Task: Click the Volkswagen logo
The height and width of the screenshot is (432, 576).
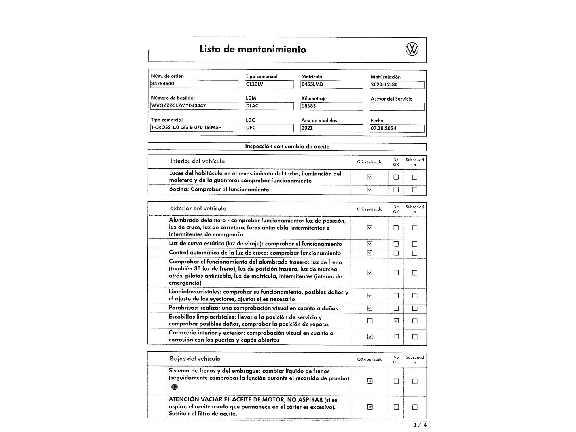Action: pos(412,49)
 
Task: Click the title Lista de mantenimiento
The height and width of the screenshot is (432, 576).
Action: pos(253,49)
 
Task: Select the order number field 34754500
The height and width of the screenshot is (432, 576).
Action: pos(194,84)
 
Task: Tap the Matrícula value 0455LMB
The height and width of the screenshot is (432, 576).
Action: pos(332,84)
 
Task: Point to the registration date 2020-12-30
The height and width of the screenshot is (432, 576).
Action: pos(397,85)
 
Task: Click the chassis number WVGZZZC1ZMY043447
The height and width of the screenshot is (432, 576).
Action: pos(194,106)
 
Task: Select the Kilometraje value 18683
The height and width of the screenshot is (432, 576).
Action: pos(332,106)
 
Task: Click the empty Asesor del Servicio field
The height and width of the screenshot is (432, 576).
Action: pos(397,107)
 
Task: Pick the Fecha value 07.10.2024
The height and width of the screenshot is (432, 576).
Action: pos(397,128)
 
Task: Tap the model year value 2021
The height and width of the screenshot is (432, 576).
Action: pos(332,128)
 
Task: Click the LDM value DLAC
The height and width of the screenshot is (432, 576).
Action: pos(269,106)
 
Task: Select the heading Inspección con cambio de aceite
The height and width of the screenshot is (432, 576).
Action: pos(287,147)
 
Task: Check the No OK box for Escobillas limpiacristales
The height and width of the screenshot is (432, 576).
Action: pos(396,321)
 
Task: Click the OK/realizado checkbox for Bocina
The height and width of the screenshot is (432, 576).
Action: pos(370,190)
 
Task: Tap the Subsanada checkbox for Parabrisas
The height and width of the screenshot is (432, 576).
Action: pos(415,308)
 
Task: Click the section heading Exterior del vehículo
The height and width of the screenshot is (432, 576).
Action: pos(198,208)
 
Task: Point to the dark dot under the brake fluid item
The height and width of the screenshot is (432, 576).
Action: pos(174,387)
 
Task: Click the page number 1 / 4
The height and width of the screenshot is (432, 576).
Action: pos(420,425)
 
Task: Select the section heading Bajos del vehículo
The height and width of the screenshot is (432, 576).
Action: pos(195,359)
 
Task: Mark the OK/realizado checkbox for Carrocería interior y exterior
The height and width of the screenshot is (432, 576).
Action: pos(370,336)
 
